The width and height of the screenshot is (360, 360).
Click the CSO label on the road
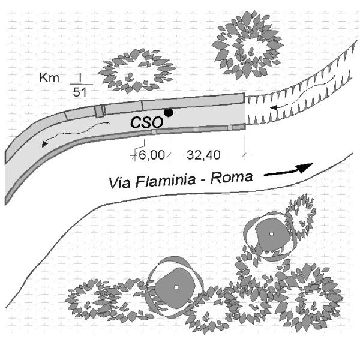(x=147, y=122)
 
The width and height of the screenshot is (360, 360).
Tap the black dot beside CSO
(x=170, y=112)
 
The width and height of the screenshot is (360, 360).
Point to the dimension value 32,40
(x=204, y=155)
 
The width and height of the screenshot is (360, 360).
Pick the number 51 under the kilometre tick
(x=79, y=92)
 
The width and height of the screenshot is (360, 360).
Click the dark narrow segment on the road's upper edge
(x=100, y=111)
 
